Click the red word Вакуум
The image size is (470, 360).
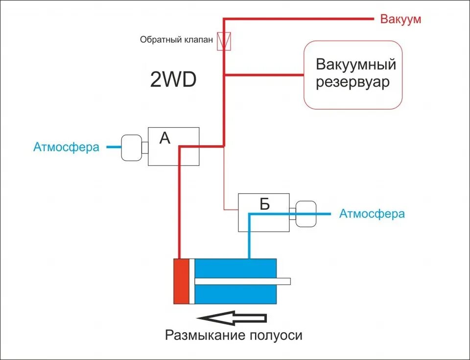tap(400, 19)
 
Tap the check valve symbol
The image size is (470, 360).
tap(225, 41)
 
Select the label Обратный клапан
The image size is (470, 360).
tap(176, 40)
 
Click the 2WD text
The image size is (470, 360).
tap(173, 80)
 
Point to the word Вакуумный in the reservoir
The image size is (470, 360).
tap(356, 65)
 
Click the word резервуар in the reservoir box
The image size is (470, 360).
tap(352, 82)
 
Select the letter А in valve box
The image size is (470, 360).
tap(165, 139)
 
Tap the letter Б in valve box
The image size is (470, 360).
tap(265, 204)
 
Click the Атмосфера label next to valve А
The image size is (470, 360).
tap(66, 147)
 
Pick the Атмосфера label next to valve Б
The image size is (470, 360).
tap(372, 214)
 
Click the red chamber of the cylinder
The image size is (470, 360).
tap(181, 281)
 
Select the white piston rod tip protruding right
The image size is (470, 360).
tap(283, 281)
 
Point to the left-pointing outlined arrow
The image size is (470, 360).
tap(235, 318)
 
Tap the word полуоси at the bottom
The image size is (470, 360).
tap(276, 336)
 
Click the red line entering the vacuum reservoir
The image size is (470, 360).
tap(264, 75)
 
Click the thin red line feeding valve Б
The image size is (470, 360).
tap(224, 181)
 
